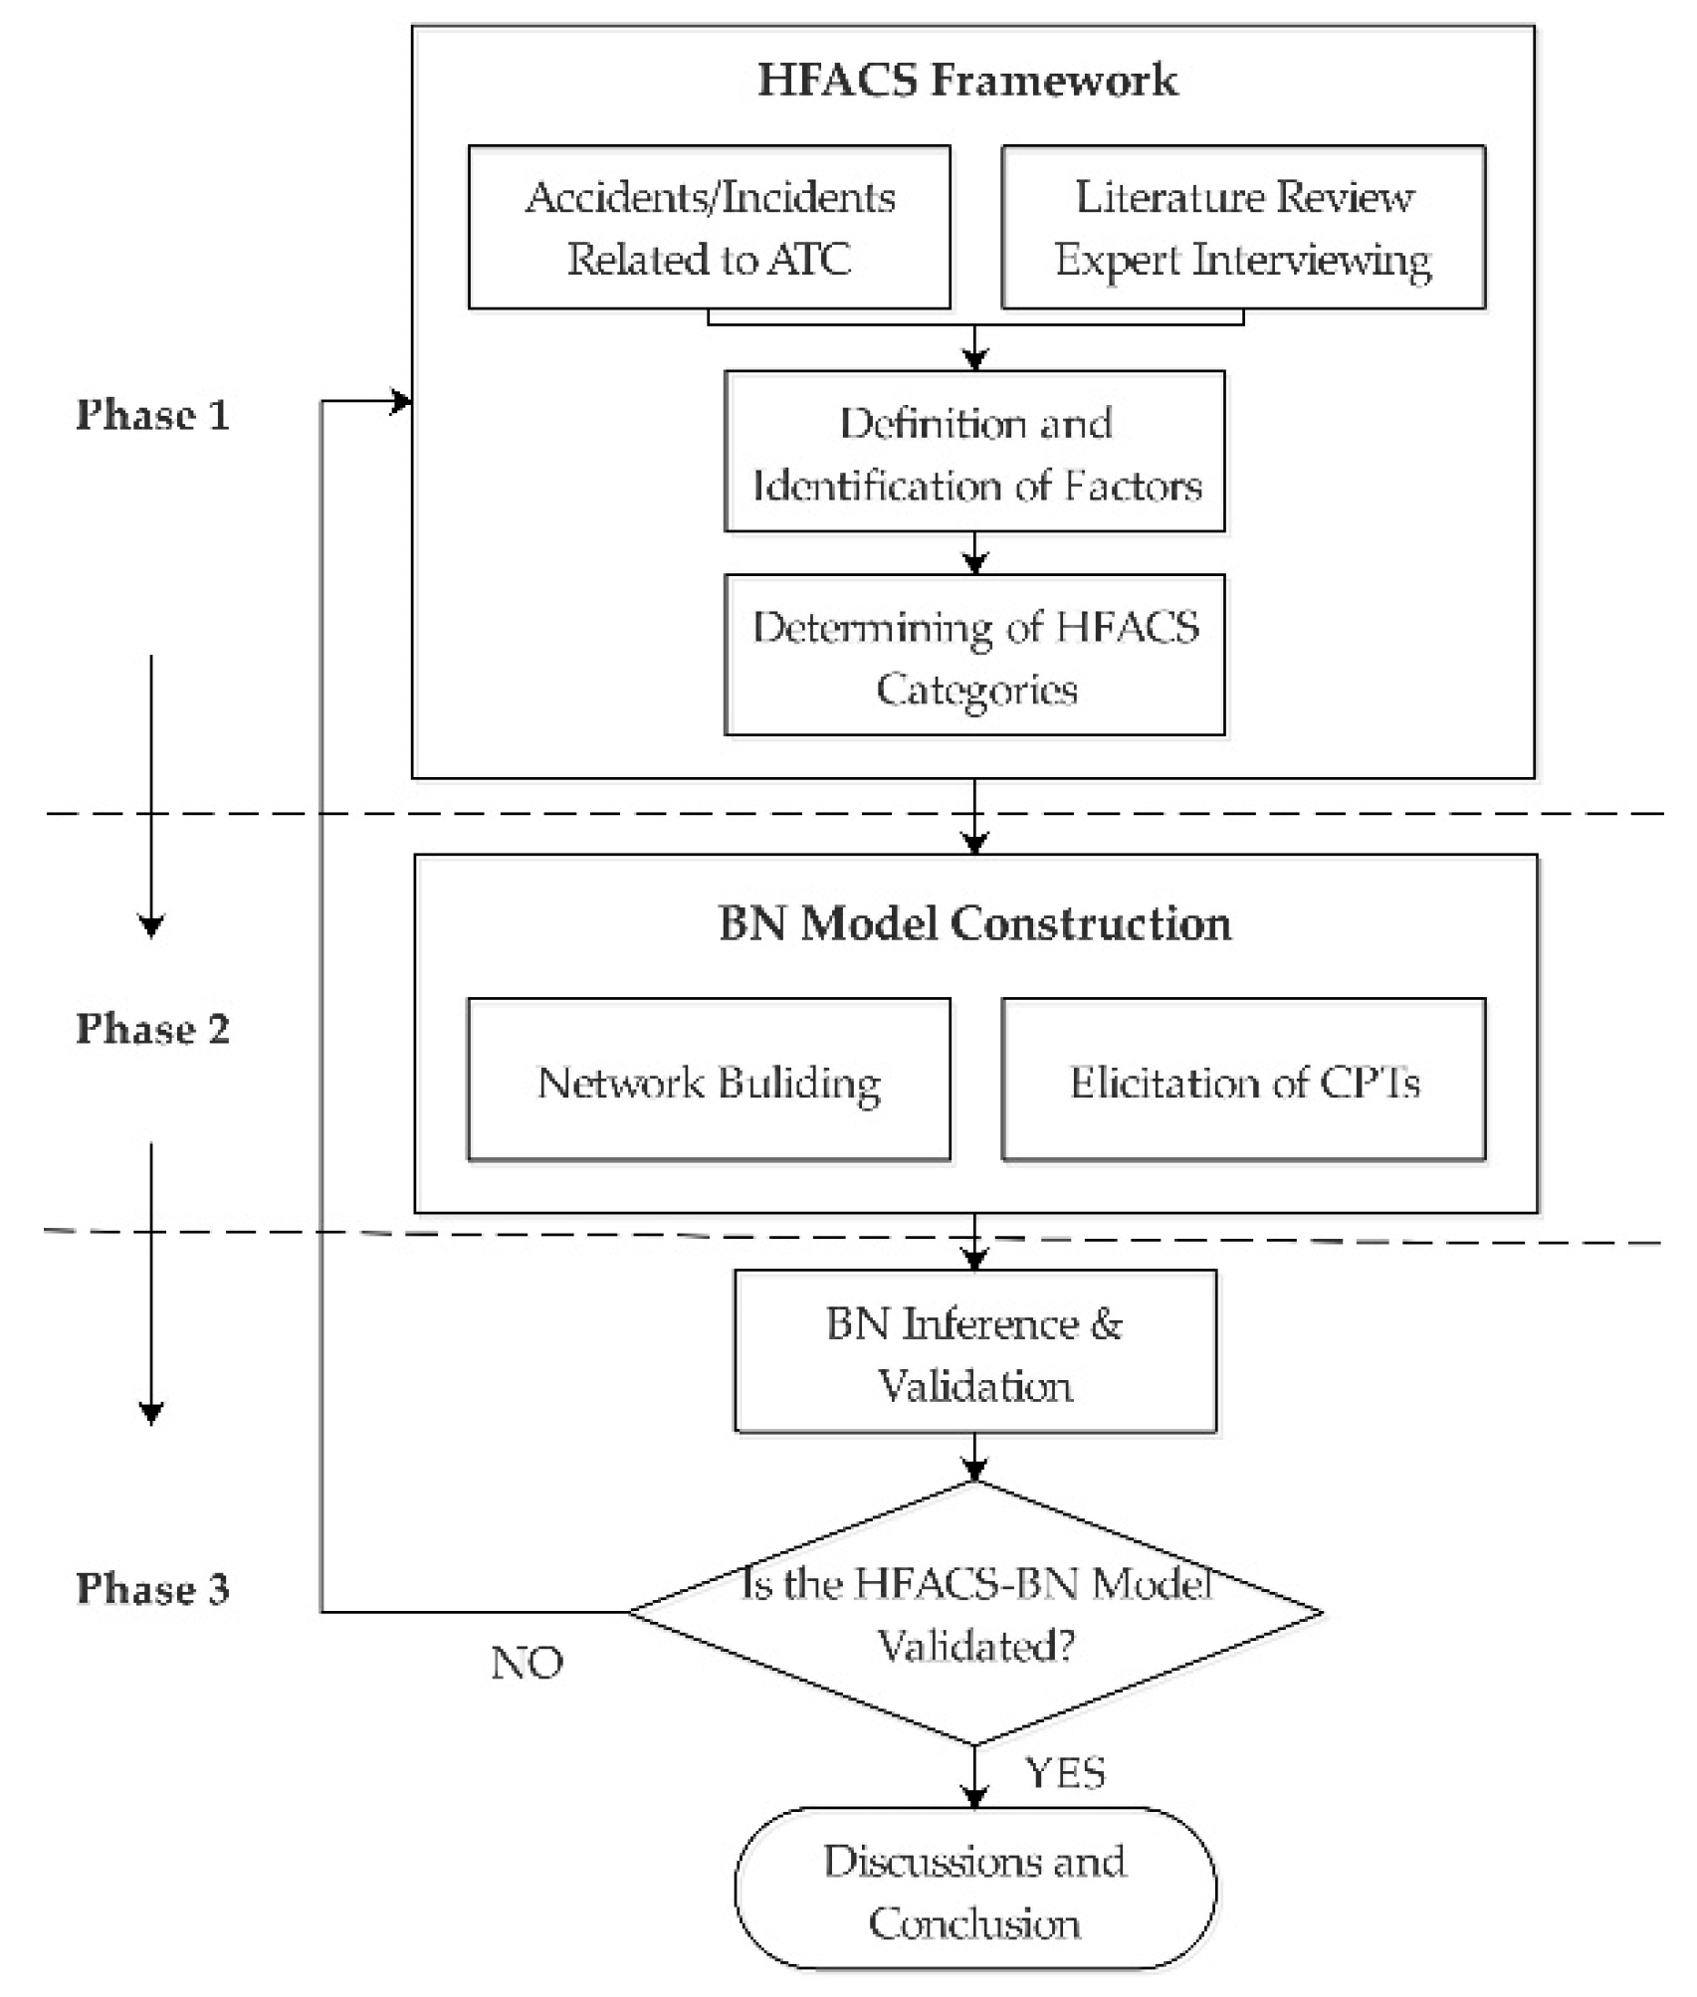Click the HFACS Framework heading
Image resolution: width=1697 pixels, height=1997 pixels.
[x=966, y=80]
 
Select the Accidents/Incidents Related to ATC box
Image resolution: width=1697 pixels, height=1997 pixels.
[x=709, y=228]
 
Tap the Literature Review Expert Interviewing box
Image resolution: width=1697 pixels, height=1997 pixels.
[x=1242, y=228]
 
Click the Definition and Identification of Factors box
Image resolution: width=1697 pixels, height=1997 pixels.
[x=974, y=453]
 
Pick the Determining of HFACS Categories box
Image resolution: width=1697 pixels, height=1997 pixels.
[x=974, y=656]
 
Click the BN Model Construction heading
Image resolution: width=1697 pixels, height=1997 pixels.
[x=974, y=922]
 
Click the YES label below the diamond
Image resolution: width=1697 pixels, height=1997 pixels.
[x=1064, y=1772]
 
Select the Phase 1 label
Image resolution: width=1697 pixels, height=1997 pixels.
[x=152, y=415]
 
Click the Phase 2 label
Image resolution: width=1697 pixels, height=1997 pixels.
[x=152, y=1029]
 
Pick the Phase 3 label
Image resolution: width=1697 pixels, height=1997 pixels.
[x=152, y=1589]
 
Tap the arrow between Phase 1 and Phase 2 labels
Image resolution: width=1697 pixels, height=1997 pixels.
[x=151, y=796]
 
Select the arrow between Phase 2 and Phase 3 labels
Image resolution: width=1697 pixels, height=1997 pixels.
[x=151, y=1284]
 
